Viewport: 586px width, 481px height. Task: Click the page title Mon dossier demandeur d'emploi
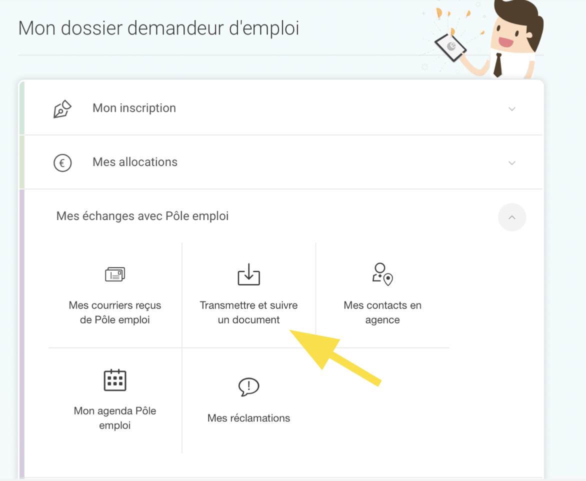click(x=158, y=28)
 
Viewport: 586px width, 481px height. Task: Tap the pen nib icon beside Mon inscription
click(x=62, y=109)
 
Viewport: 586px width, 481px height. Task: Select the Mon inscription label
click(x=134, y=108)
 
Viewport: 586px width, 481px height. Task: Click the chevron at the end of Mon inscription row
click(x=512, y=109)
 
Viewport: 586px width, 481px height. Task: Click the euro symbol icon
click(x=62, y=163)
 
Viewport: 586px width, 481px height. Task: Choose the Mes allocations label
click(x=135, y=162)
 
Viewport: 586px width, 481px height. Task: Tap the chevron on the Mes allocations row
click(x=512, y=163)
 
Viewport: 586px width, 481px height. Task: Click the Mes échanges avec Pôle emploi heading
click(x=142, y=216)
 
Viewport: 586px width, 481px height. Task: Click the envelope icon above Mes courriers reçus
click(x=115, y=274)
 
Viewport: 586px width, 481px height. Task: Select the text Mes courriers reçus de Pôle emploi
click(x=114, y=312)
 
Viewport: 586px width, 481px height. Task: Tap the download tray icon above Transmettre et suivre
click(x=249, y=274)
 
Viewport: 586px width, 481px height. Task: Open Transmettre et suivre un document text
click(x=248, y=312)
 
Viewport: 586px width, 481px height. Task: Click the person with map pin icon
click(x=382, y=274)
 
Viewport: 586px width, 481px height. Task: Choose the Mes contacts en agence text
click(x=382, y=312)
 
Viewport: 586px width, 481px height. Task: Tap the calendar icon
click(x=115, y=380)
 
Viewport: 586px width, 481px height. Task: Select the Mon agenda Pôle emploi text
click(x=114, y=418)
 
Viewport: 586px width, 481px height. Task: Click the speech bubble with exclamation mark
click(x=249, y=387)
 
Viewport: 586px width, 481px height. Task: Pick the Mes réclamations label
click(x=248, y=418)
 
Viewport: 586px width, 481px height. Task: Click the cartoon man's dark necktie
click(x=498, y=65)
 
